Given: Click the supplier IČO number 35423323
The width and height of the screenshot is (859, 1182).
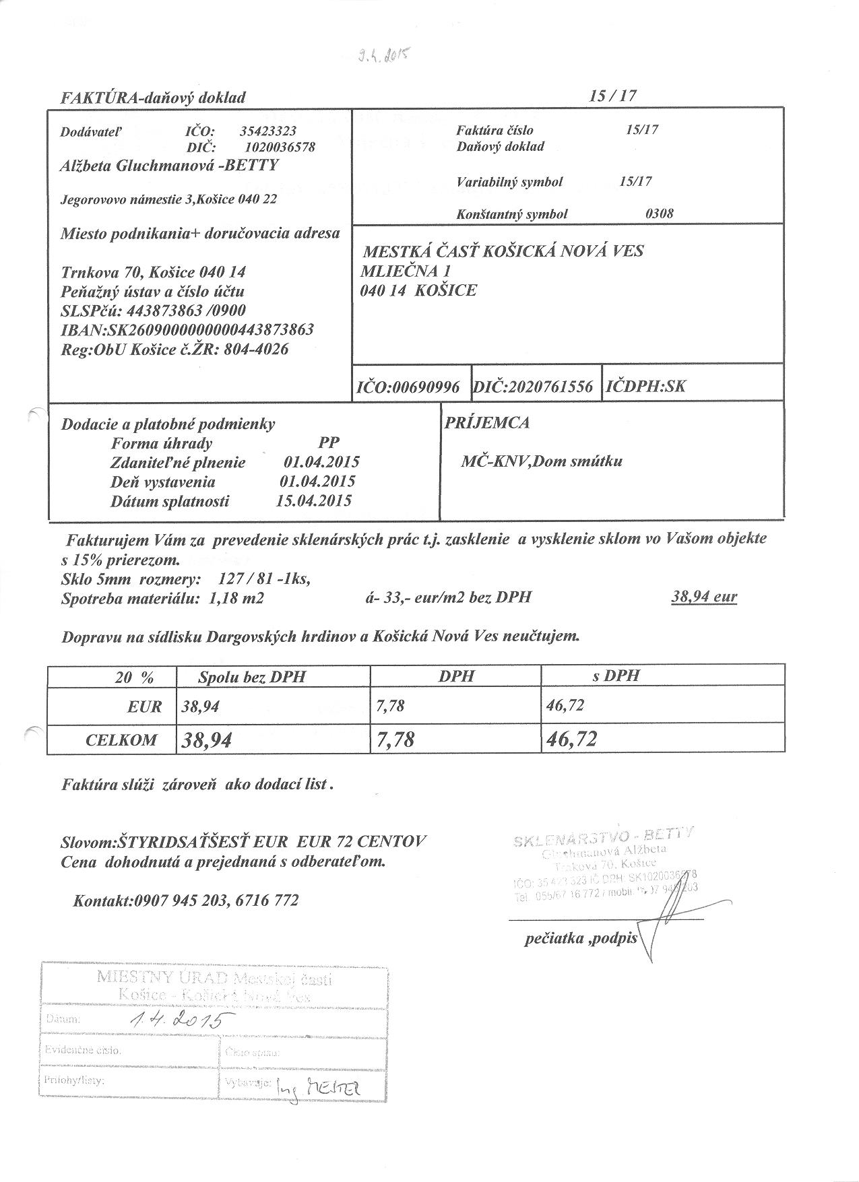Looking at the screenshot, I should [268, 131].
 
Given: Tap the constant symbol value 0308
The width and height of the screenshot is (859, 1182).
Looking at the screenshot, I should [660, 214].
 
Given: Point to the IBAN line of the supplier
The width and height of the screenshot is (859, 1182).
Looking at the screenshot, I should [187, 330].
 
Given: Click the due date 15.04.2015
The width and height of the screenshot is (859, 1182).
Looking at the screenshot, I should [314, 501].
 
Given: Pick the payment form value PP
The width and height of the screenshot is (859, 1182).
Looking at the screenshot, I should [329, 442].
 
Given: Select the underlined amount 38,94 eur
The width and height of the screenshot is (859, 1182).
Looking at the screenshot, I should [705, 597].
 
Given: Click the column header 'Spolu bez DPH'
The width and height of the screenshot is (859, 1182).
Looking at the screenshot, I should [252, 677].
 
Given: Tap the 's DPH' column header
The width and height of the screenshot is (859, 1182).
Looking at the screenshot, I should [616, 676].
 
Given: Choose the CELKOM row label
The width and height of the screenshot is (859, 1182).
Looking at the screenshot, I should [121, 740].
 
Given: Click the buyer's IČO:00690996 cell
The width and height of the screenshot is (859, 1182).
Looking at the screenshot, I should [408, 387].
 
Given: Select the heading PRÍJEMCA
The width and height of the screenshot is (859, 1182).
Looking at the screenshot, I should [487, 423].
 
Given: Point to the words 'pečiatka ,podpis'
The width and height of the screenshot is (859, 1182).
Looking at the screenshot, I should [580, 938].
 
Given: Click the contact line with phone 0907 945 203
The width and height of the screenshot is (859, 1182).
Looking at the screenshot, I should [185, 900].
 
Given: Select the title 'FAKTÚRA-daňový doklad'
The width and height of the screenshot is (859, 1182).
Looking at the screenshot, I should [154, 98].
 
